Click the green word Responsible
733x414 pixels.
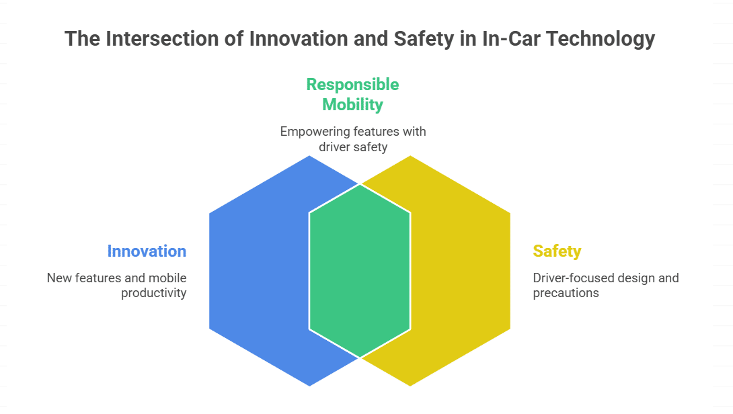(352, 85)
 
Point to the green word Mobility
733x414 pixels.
(352, 105)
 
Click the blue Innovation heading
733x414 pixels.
(147, 251)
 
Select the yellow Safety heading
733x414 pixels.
(557, 251)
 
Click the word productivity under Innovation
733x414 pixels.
(154, 293)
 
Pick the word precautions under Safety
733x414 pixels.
(566, 293)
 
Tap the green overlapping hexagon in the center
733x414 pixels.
(360, 271)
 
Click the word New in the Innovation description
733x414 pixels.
(59, 278)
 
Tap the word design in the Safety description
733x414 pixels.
(636, 278)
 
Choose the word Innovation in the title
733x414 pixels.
(299, 39)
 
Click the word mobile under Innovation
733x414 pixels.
(167, 278)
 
